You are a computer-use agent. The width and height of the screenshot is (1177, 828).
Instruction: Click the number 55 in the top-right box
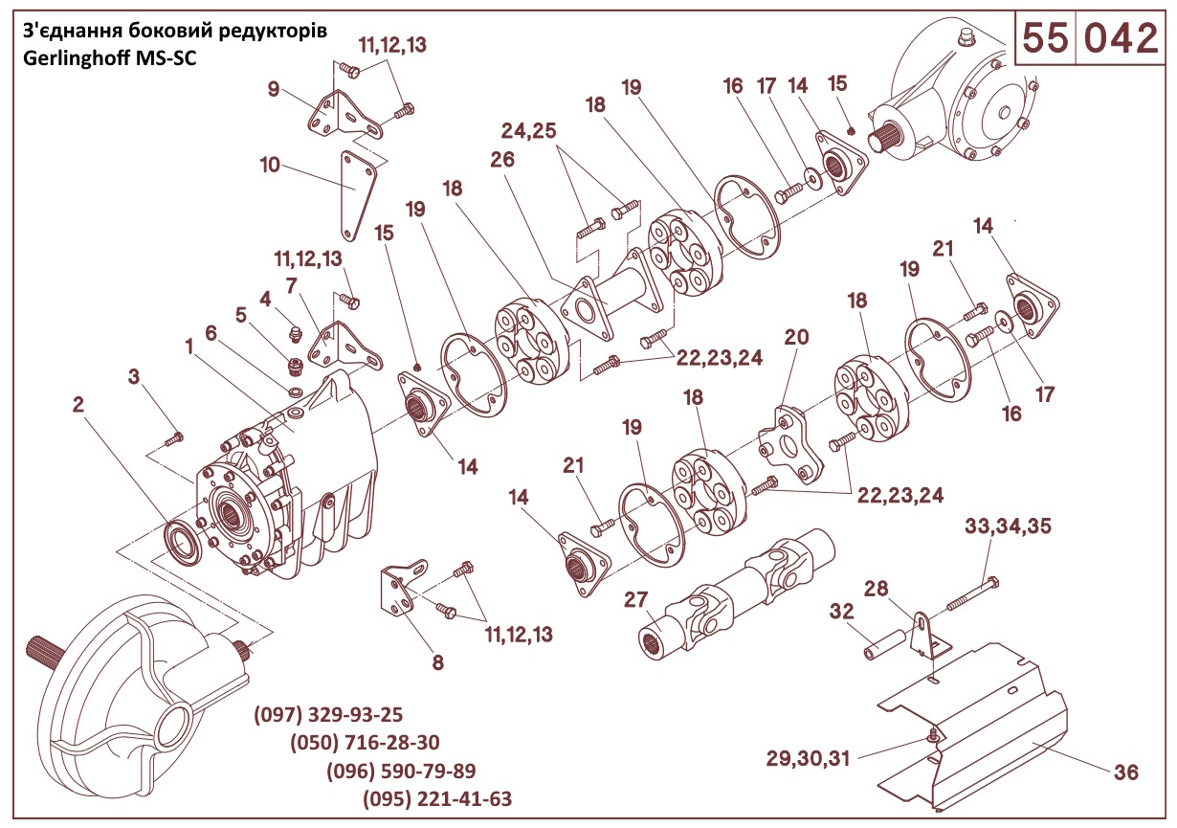tap(1044, 39)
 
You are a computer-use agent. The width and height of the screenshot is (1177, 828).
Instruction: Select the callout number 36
tap(1126, 772)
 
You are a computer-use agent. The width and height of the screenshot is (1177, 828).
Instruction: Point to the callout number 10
tap(270, 165)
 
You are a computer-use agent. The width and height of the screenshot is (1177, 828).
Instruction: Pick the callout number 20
tap(796, 337)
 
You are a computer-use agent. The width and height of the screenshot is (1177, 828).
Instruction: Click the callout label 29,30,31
tap(808, 758)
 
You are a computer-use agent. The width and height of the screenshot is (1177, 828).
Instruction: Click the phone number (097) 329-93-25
tap(328, 714)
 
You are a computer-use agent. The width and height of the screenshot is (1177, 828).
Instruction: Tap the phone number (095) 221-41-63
tap(437, 799)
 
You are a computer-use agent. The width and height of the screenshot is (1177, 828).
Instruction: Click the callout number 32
tap(841, 612)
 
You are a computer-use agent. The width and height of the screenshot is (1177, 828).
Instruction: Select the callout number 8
tap(437, 661)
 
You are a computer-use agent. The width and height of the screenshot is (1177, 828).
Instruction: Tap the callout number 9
tap(274, 90)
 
